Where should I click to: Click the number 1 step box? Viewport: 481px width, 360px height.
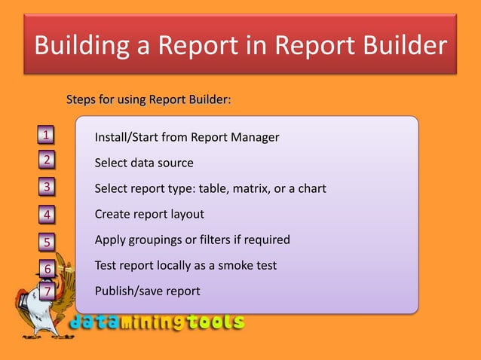(x=47, y=136)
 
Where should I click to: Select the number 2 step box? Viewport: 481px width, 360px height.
(x=47, y=160)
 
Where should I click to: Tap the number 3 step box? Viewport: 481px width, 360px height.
(x=47, y=187)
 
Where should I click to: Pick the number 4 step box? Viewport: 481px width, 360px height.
(x=47, y=215)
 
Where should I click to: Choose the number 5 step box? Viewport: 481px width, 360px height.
(x=47, y=242)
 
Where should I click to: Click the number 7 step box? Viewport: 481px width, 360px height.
(x=47, y=291)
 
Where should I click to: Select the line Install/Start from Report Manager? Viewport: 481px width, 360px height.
(x=186, y=137)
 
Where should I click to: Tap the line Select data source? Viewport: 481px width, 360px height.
(x=143, y=163)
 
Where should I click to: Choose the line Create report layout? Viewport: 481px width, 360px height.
(x=149, y=214)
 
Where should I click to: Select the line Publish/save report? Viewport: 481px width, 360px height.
(x=147, y=291)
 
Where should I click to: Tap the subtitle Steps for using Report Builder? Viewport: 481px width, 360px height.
(x=149, y=99)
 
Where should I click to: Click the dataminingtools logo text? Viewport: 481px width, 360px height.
(x=158, y=322)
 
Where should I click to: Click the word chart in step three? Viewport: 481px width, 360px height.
(x=311, y=188)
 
